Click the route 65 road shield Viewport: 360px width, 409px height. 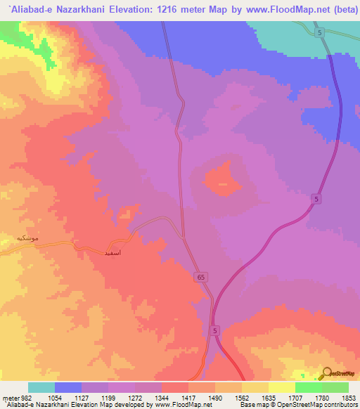(x=202, y=278)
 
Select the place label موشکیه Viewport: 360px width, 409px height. (x=33, y=238)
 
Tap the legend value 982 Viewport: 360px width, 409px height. (x=23, y=398)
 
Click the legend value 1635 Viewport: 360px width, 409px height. (x=266, y=398)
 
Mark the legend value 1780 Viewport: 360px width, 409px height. (x=320, y=398)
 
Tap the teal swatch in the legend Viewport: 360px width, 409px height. (x=41, y=387)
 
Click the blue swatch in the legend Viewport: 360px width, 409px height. (x=68, y=387)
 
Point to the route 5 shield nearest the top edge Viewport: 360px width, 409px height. (x=320, y=33)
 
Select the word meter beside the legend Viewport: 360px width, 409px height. (x=10, y=398)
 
